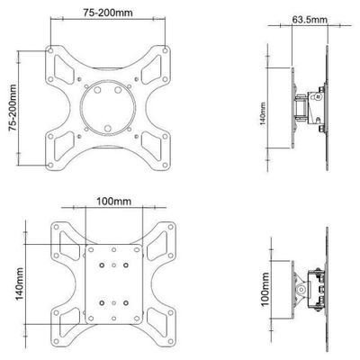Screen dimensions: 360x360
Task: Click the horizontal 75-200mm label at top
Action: (108, 13)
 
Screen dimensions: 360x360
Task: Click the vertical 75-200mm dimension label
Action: (13, 107)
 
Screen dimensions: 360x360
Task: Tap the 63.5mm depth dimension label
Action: (310, 20)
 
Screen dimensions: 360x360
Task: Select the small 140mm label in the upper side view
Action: (263, 113)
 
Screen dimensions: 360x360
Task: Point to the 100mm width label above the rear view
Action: (113, 201)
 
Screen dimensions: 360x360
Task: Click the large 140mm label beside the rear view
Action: (20, 283)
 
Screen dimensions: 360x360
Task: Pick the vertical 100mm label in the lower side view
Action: (265, 290)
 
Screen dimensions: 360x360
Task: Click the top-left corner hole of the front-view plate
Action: (50, 50)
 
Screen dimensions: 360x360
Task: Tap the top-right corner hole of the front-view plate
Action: (165, 50)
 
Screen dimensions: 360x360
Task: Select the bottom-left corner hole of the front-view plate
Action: (50, 165)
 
